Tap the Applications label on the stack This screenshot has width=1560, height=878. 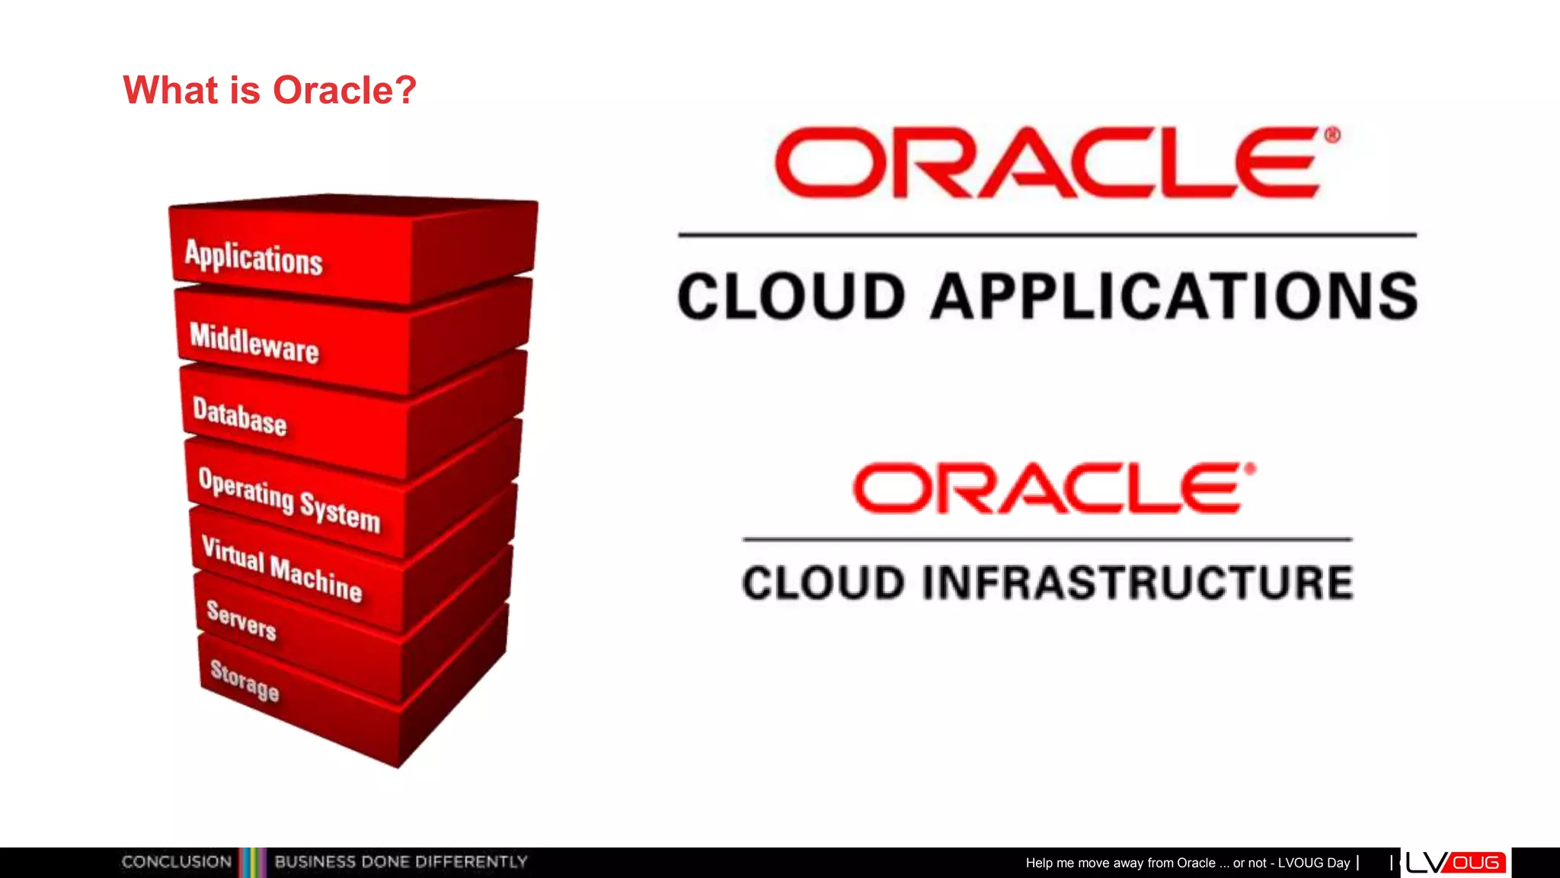click(254, 257)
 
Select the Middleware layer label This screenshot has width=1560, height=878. click(254, 342)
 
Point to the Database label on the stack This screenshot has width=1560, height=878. click(239, 416)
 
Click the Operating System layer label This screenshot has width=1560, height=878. click(289, 499)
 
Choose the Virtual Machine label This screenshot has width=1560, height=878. click(281, 568)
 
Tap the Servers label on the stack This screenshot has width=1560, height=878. click(241, 620)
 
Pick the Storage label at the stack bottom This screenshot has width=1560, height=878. click(245, 680)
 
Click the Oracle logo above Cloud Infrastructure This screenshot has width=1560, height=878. click(1050, 488)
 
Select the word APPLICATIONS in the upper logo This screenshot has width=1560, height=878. click(1174, 296)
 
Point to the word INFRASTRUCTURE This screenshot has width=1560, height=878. click(1137, 583)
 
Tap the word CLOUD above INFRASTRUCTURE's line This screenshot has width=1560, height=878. click(823, 583)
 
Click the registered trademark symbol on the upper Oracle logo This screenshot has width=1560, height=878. click(1331, 136)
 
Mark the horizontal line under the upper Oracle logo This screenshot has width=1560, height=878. click(1047, 235)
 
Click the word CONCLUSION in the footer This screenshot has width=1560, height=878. click(177, 862)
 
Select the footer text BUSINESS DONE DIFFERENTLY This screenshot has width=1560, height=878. click(401, 862)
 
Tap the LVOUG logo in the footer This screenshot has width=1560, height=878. click(1455, 862)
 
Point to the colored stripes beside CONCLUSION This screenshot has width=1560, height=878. click(253, 862)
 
